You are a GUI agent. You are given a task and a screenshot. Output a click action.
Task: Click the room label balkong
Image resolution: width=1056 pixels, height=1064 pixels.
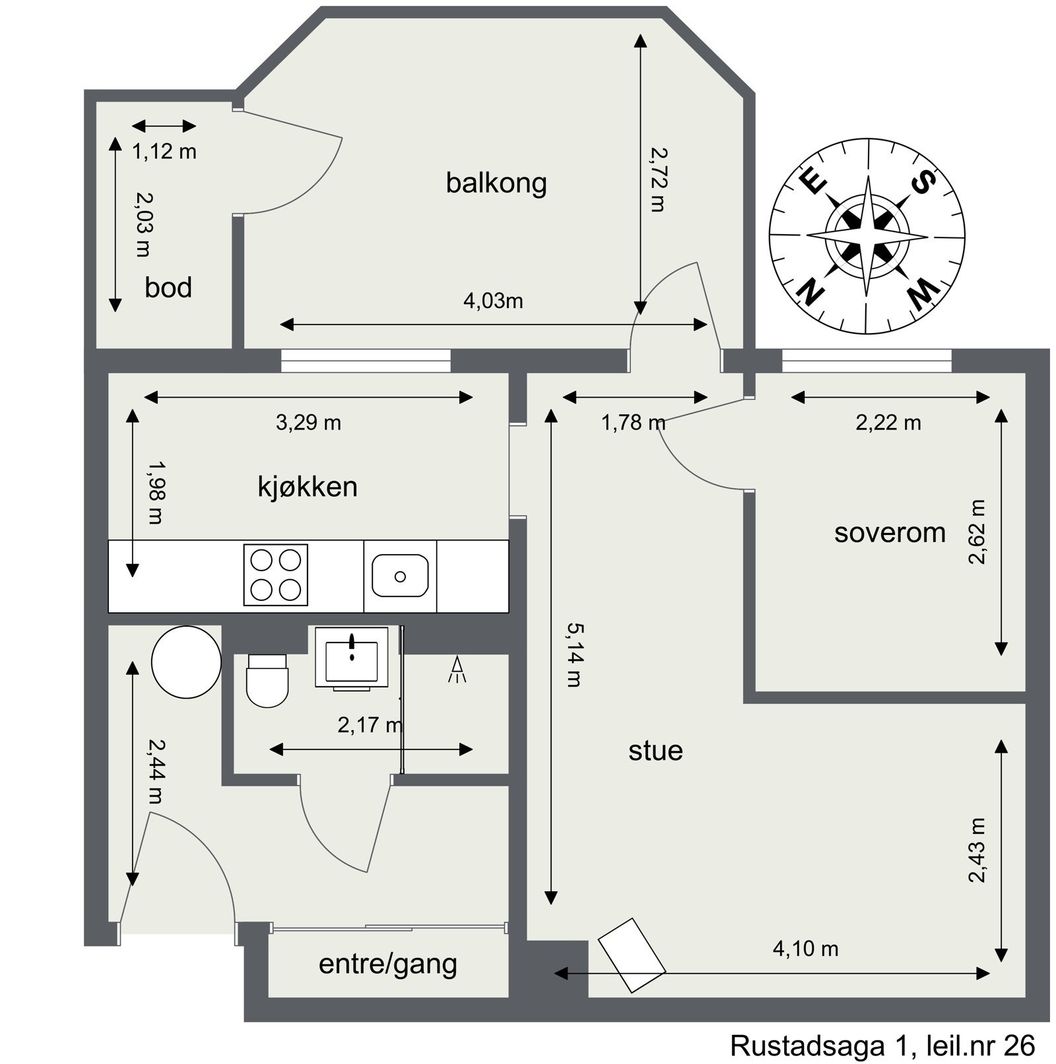coord(496,183)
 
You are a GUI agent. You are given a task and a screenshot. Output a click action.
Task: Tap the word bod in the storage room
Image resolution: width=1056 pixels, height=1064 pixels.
coord(168,288)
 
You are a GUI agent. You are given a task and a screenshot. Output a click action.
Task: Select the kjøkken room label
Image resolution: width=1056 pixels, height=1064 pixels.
coord(308,487)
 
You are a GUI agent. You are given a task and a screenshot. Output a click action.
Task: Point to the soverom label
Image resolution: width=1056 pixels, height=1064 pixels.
coord(890,533)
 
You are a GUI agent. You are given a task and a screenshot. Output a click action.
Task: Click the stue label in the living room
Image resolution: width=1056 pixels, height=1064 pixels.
coord(655,751)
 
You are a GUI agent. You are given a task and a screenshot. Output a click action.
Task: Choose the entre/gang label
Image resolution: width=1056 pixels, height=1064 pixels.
coord(388,964)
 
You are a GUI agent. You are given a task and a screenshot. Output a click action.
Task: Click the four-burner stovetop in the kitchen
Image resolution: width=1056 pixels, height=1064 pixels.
coord(276,575)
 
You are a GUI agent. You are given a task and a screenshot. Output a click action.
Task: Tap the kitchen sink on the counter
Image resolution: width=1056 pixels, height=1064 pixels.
coord(400,576)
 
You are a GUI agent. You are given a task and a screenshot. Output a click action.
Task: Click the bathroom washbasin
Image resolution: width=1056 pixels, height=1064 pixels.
coord(351,657)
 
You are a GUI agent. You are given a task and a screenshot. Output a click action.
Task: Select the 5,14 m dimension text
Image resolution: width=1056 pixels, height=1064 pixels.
coord(574,655)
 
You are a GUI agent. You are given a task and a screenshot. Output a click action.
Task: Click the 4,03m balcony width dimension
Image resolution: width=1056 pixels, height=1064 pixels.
coord(493,301)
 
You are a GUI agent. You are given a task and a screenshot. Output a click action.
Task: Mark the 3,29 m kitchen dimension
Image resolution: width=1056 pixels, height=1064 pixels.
coord(308,423)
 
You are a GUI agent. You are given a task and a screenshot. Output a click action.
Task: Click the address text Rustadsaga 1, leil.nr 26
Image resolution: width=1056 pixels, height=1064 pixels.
coord(882,1046)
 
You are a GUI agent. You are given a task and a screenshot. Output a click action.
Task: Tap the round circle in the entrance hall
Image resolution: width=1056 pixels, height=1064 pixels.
coord(186,662)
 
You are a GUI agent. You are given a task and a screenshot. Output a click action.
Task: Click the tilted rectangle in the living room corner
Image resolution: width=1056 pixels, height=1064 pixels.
coord(632,954)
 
